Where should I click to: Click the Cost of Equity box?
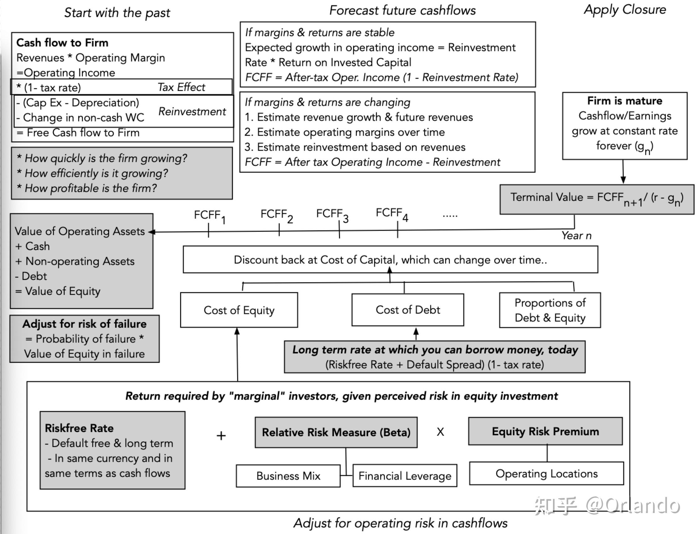pyautogui.click(x=239, y=310)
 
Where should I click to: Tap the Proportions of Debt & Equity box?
pyautogui.click(x=550, y=310)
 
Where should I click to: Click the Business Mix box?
pyautogui.click(x=288, y=476)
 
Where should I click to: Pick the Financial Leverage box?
pyautogui.click(x=405, y=476)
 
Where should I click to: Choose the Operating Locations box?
pyautogui.click(x=547, y=474)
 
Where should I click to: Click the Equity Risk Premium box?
pyautogui.click(x=545, y=431)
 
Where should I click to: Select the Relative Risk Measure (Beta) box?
pyautogui.click(x=336, y=432)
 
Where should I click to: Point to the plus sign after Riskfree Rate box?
pyautogui.click(x=221, y=435)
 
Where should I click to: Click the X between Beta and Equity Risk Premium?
pyautogui.click(x=441, y=432)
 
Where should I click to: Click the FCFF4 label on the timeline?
pyautogui.click(x=392, y=214)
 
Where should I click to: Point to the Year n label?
pyautogui.click(x=576, y=236)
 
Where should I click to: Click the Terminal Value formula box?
pyautogui.click(x=597, y=199)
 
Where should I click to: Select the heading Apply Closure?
pyautogui.click(x=625, y=10)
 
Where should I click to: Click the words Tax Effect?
pyautogui.click(x=182, y=87)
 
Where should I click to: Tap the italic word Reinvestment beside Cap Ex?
pyautogui.click(x=192, y=111)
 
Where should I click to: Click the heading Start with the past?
pyautogui.click(x=117, y=13)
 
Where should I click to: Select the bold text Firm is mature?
pyautogui.click(x=625, y=101)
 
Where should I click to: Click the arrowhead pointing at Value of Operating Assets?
pyautogui.click(x=152, y=232)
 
